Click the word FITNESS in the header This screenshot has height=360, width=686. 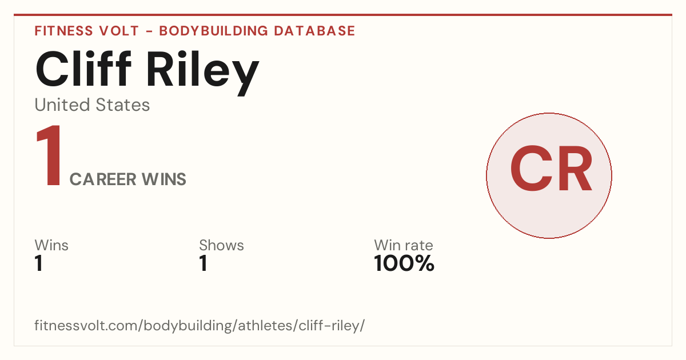click(x=63, y=31)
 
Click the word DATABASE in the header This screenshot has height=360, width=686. click(x=314, y=31)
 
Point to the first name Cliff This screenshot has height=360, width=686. click(x=83, y=69)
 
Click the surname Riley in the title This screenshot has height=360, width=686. click(x=203, y=73)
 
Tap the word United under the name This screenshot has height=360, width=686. click(x=62, y=105)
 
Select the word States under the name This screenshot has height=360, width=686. click(x=123, y=105)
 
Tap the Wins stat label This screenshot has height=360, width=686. click(x=51, y=245)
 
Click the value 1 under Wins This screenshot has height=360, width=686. click(x=39, y=263)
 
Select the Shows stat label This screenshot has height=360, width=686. click(x=221, y=245)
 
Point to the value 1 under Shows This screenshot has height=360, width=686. click(x=204, y=263)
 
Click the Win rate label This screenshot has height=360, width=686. click(x=404, y=245)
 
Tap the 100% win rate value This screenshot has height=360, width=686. click(x=404, y=263)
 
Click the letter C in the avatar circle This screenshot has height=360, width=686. click(x=531, y=168)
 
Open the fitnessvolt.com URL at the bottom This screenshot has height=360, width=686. click(x=200, y=325)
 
